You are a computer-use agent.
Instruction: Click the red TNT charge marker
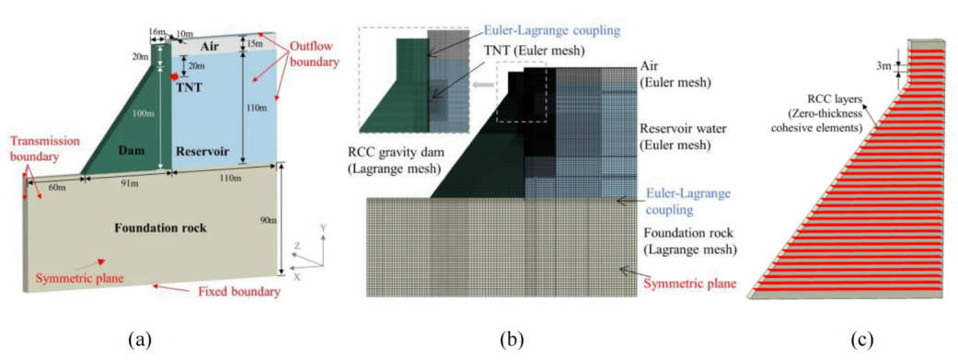pyautogui.click(x=176, y=76)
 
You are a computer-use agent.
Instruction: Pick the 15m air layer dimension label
pyautogui.click(x=252, y=44)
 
